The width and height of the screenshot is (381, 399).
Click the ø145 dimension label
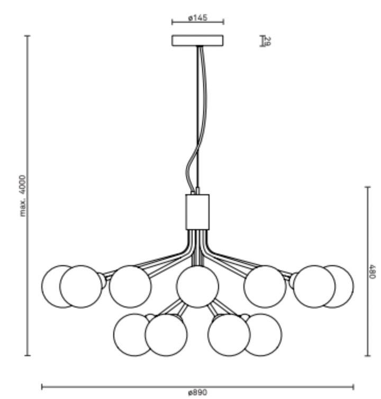coord(197,18)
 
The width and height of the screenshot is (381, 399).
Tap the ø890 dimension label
coord(197,393)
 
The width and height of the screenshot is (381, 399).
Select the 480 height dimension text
coord(372,271)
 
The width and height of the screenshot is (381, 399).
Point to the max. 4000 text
coord(22,196)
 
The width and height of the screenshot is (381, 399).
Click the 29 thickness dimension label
coord(267,41)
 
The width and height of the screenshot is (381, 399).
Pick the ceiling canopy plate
coord(197,41)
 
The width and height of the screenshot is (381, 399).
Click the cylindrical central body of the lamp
coord(197,212)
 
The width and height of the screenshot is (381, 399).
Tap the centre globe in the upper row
coord(197,286)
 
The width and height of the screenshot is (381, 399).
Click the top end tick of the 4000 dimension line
coord(28,36)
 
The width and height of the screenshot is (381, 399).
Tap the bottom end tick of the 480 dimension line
coord(367,356)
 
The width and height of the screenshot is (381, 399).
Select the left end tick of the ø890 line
coord(42,387)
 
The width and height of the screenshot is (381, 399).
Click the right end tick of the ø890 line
coord(353,387)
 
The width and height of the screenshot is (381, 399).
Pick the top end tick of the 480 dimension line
coord(367,187)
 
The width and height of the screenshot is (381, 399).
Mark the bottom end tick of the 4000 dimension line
coord(28,356)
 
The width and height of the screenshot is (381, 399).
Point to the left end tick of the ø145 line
coord(172,22)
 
